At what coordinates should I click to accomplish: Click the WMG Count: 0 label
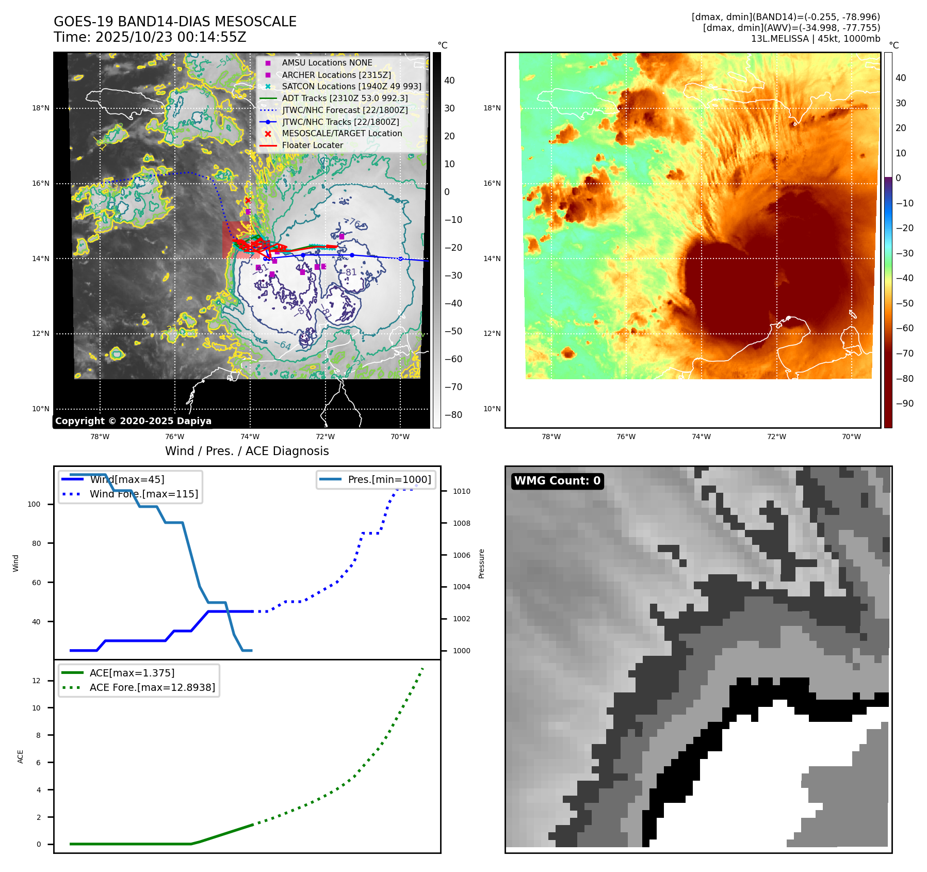click(557, 481)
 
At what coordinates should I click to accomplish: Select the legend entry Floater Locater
click(312, 146)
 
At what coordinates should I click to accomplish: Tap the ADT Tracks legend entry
click(345, 98)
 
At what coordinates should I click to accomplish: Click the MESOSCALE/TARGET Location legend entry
click(341, 134)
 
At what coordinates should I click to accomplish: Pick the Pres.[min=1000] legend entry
click(389, 479)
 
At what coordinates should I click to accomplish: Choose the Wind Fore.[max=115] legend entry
click(143, 494)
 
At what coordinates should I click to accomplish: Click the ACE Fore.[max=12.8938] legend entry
click(152, 687)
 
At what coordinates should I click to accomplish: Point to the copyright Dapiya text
click(133, 421)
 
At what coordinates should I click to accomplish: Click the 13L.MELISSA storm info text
click(815, 39)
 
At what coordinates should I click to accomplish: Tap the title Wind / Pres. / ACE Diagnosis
click(247, 451)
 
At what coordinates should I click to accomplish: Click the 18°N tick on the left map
click(41, 108)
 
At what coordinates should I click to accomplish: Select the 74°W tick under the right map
click(701, 437)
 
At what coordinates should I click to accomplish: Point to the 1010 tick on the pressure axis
click(461, 491)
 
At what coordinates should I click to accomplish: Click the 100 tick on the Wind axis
click(34, 504)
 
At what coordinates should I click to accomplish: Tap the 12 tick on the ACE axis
click(36, 681)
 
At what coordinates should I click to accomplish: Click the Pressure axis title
click(481, 563)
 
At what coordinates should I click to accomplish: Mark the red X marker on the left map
click(248, 200)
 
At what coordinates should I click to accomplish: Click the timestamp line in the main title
click(150, 38)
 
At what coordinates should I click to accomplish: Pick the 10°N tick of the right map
click(492, 409)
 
